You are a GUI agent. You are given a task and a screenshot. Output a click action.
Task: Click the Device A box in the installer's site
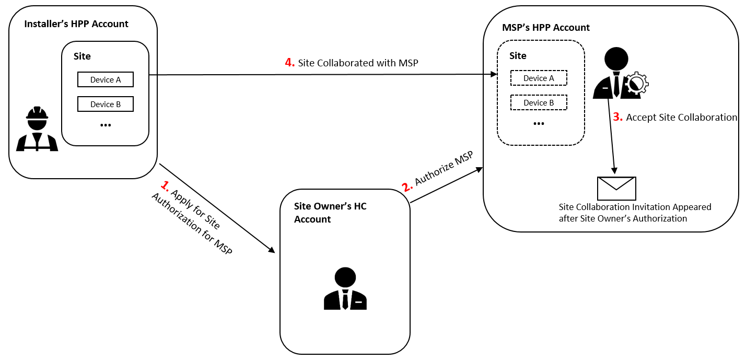[106, 79]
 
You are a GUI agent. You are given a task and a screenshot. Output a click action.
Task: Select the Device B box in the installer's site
[106, 104]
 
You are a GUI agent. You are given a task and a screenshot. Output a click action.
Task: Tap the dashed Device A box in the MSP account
[539, 78]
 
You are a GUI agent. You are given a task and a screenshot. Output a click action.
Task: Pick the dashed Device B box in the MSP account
[539, 102]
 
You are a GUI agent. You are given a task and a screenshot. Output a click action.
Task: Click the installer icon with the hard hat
[37, 129]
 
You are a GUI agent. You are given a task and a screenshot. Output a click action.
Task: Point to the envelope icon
[616, 189]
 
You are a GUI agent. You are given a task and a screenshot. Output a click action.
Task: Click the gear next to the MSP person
[636, 84]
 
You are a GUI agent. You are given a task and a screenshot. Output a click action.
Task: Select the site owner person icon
[345, 288]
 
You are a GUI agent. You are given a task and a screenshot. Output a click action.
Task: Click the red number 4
[290, 62]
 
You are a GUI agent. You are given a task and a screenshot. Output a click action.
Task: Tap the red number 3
[618, 117]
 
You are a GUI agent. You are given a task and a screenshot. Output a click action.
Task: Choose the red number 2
[407, 187]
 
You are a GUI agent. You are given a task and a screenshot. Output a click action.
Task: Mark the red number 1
[165, 186]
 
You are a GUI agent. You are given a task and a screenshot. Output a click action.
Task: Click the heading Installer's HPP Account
[76, 24]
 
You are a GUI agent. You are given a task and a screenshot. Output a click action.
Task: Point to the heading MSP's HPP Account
[546, 27]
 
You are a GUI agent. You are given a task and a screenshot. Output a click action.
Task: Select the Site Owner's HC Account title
[330, 213]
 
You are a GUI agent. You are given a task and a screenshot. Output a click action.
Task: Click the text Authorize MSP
[444, 168]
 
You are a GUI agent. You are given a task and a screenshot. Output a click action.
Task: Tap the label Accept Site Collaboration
[681, 117]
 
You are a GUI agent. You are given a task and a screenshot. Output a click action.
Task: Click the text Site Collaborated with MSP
[358, 63]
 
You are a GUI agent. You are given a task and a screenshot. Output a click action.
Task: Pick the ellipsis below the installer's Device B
[106, 125]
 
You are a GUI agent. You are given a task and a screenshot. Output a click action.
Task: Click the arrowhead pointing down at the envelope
[614, 170]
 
